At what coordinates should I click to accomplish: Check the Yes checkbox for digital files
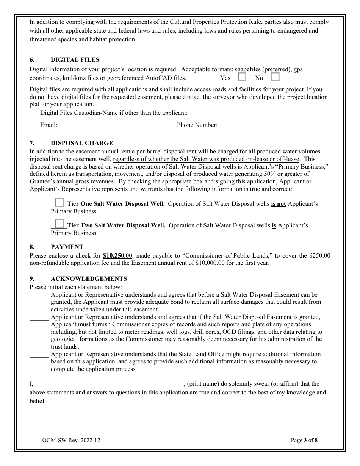[x=242, y=77]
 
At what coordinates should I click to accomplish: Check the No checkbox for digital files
[x=275, y=77]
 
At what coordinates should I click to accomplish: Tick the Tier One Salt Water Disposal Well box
[x=59, y=203]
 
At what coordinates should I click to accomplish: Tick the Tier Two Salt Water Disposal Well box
[x=59, y=225]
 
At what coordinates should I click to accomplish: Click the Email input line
[x=114, y=125]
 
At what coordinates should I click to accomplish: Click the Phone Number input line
[x=263, y=125]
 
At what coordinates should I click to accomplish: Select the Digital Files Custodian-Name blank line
[x=236, y=113]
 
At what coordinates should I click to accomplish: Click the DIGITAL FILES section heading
[x=75, y=60]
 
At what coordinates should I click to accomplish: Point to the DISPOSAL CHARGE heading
[x=81, y=143]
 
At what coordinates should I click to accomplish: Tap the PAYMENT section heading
[x=67, y=247]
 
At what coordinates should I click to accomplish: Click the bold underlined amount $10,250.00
[x=117, y=256]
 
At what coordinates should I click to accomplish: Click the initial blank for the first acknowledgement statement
[x=39, y=295]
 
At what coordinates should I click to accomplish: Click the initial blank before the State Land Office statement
[x=39, y=355]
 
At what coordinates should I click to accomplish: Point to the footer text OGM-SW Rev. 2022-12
[x=71, y=440]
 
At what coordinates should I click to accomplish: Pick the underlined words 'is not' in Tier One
[x=278, y=204]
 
